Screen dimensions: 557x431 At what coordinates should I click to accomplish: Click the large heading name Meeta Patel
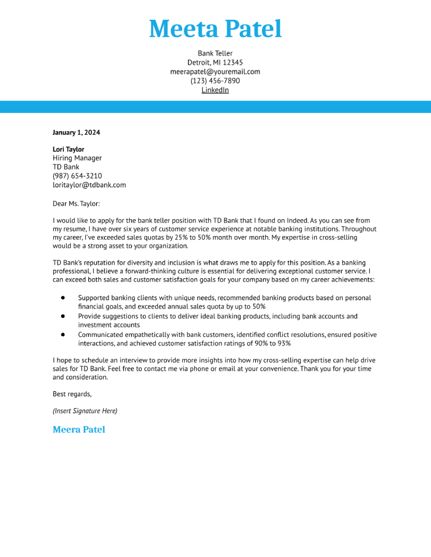[x=215, y=29]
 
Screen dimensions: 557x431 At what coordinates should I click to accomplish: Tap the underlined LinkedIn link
[x=215, y=90]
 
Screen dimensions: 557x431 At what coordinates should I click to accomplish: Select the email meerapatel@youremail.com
[x=215, y=72]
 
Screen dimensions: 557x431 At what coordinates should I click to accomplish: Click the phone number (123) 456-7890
[x=215, y=81]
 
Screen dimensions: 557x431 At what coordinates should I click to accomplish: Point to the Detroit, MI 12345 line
[x=215, y=62]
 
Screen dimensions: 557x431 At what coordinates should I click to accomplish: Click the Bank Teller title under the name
[x=215, y=53]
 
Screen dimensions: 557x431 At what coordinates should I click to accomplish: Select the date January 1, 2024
[x=76, y=132]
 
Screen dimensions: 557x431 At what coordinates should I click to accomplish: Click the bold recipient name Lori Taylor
[x=68, y=149]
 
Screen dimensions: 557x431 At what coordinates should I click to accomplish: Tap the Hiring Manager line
[x=77, y=158]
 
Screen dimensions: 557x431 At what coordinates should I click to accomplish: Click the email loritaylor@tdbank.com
[x=89, y=185]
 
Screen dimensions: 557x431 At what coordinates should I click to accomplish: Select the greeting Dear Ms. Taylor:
[x=76, y=204]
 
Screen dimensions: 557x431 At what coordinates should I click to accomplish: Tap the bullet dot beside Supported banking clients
[x=63, y=298]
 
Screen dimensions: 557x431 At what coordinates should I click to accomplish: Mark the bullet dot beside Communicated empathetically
[x=63, y=334]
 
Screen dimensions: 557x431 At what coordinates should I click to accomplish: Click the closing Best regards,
[x=72, y=394]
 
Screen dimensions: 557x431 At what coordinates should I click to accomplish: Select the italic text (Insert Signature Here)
[x=85, y=411]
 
